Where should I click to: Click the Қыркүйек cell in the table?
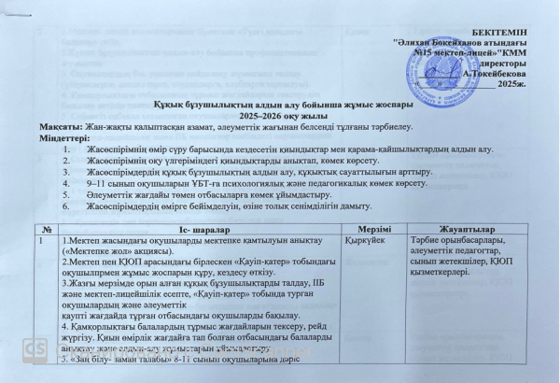365,240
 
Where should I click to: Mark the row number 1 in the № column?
41,240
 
